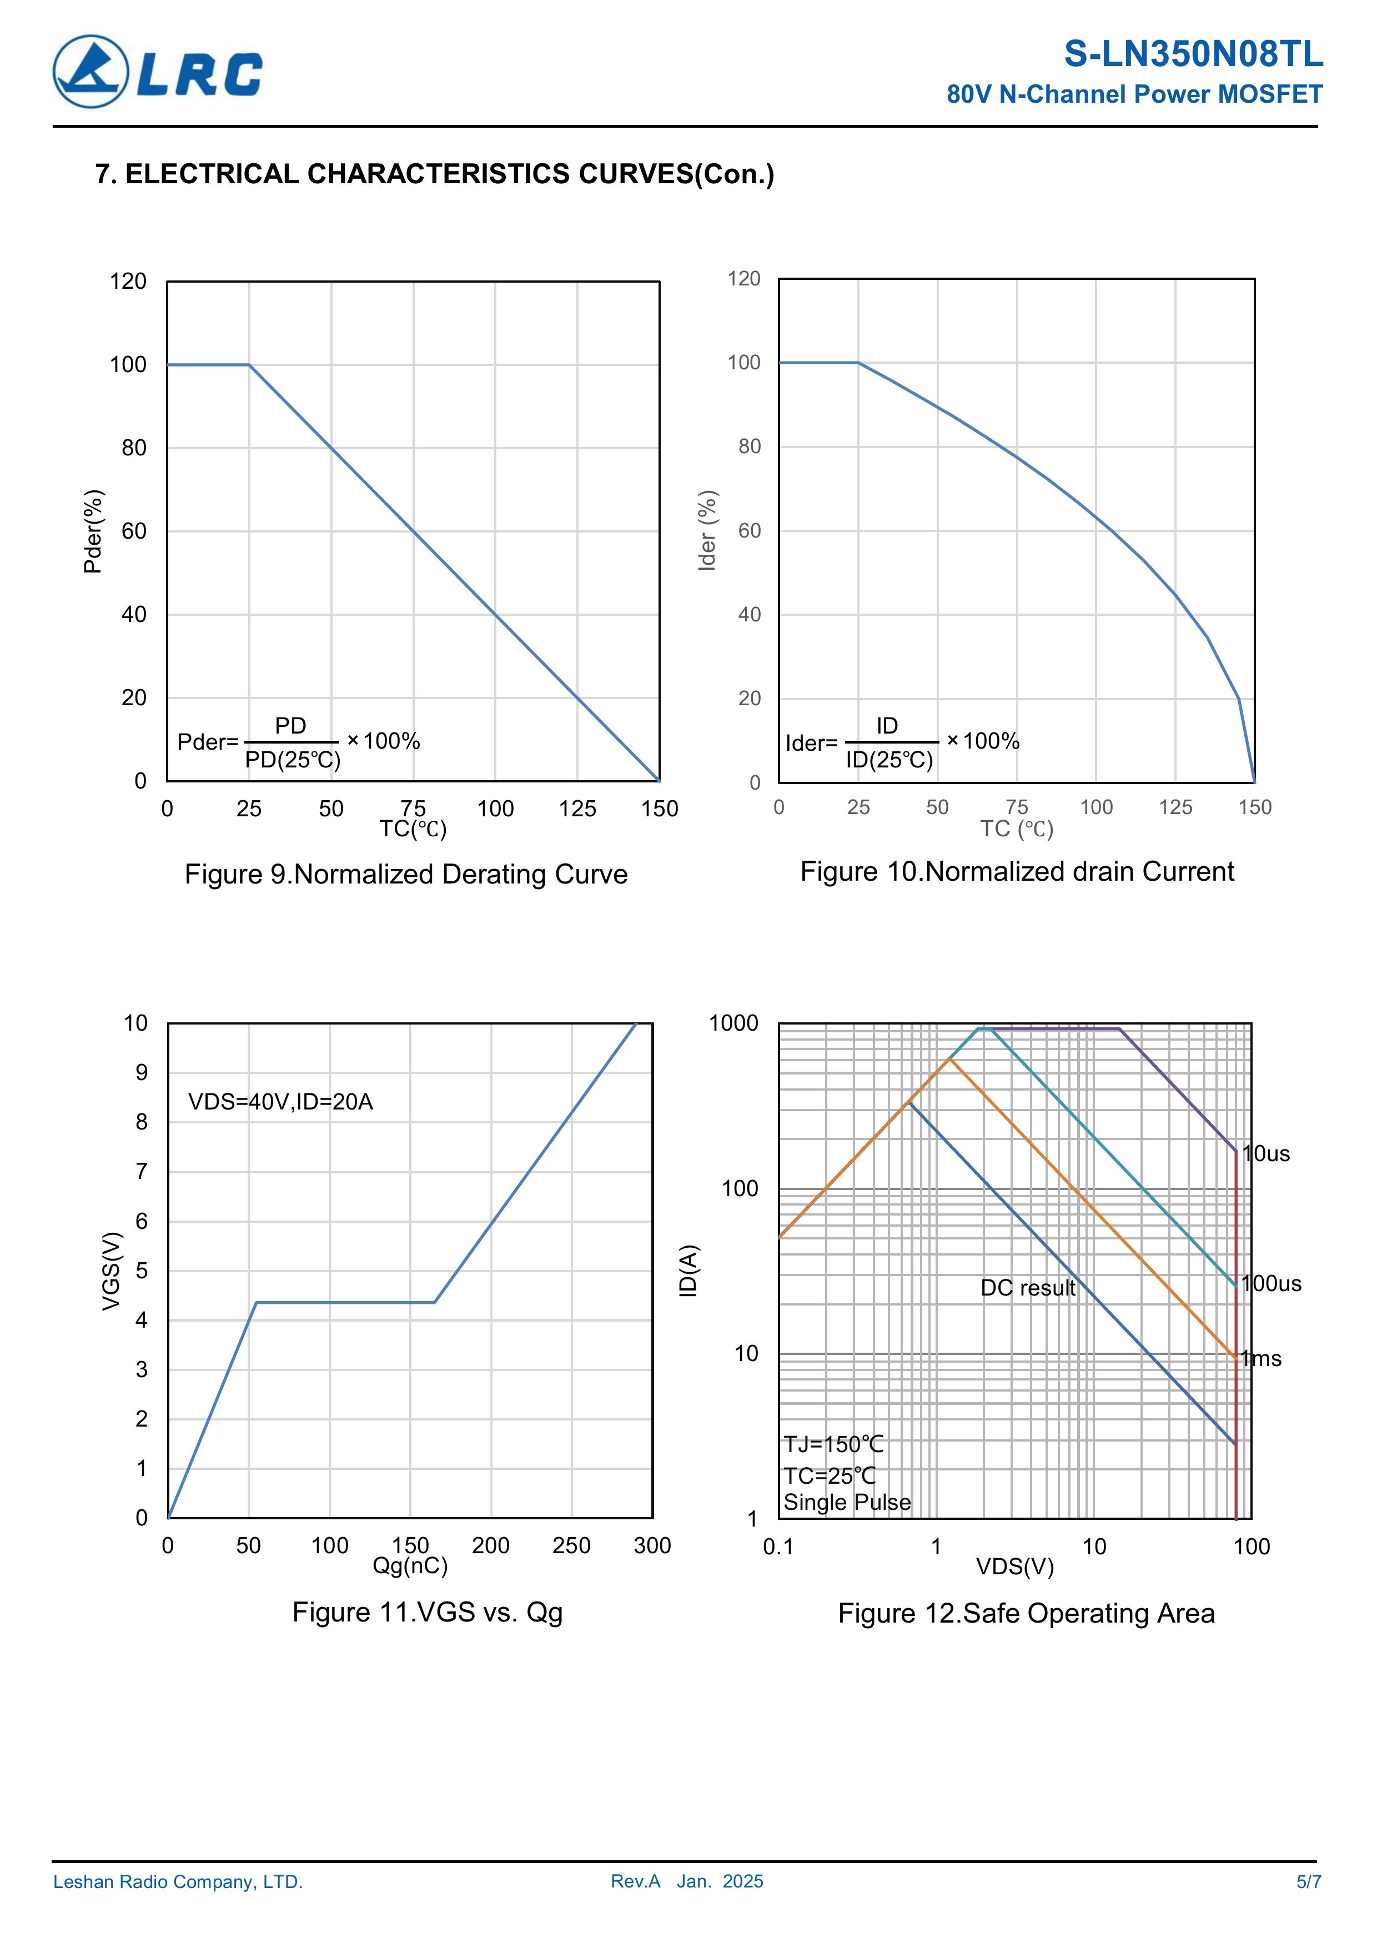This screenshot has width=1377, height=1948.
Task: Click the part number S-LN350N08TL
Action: (x=1193, y=54)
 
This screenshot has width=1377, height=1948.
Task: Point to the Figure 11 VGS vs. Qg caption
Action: (x=427, y=1612)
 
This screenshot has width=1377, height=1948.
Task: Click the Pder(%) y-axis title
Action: (x=93, y=531)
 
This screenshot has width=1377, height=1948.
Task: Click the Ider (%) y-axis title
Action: (x=707, y=530)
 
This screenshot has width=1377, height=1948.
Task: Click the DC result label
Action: (x=1027, y=1288)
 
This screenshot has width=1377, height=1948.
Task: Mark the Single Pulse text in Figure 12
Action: (x=847, y=1503)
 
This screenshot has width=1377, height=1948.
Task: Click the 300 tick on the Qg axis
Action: (x=652, y=1546)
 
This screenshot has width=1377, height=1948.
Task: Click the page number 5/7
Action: (x=1308, y=1882)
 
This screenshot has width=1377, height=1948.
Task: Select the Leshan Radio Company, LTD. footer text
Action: (x=178, y=1882)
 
